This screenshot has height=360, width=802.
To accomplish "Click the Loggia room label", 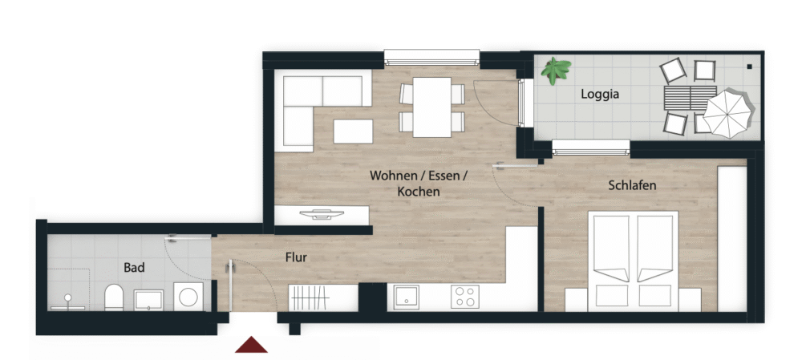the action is click(x=600, y=95).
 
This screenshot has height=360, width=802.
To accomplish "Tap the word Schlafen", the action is click(x=632, y=185).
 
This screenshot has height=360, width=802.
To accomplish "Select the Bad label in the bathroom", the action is click(x=134, y=268).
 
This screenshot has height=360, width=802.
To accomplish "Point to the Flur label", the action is click(x=296, y=257).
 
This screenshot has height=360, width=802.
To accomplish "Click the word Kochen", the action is click(x=419, y=192).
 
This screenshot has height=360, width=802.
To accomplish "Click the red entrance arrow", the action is click(x=251, y=345).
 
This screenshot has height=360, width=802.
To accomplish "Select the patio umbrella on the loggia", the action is click(x=728, y=114).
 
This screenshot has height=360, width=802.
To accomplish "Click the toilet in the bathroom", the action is click(x=114, y=297).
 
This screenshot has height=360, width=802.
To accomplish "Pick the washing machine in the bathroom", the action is click(x=188, y=297).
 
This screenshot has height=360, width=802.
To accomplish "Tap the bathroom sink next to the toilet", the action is click(x=148, y=300).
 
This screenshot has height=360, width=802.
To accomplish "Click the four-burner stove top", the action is click(x=465, y=297).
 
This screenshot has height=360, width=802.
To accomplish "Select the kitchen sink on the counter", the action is click(x=407, y=297).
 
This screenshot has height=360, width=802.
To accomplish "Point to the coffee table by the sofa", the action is click(x=353, y=131).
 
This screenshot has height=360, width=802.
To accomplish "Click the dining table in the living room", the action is click(x=432, y=107).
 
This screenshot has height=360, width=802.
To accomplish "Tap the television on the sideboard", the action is click(x=322, y=214).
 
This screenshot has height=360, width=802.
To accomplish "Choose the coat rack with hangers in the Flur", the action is click(x=309, y=297).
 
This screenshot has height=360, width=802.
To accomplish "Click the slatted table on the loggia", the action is click(x=690, y=98).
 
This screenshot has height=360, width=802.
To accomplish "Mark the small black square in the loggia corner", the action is click(x=749, y=67).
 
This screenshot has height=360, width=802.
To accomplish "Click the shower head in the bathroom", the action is click(x=67, y=297).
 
